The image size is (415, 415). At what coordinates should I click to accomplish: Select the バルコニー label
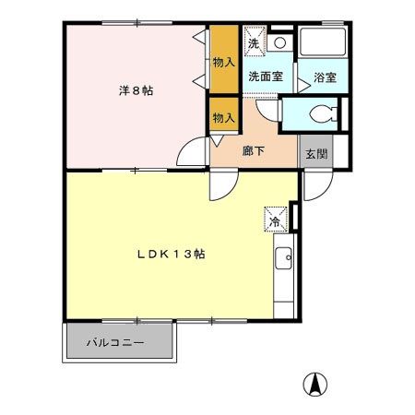pyautogui.click(x=115, y=342)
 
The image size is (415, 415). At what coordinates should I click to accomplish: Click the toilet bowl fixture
pyautogui.click(x=319, y=114)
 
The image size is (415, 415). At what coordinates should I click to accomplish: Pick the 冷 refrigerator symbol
pyautogui.click(x=274, y=219)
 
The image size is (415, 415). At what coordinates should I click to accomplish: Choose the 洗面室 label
pyautogui.click(x=264, y=77)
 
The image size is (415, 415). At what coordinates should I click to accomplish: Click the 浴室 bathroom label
pyautogui.click(x=324, y=78)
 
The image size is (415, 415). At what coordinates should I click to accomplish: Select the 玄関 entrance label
pyautogui.click(x=314, y=153)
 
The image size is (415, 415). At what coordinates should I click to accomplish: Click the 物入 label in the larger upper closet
pyautogui.click(x=224, y=63)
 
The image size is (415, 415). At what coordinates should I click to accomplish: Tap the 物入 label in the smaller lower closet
pyautogui.click(x=224, y=117)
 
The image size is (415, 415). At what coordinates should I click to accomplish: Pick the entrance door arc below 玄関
pyautogui.click(x=314, y=184)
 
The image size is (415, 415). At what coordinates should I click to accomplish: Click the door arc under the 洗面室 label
pyautogui.click(x=267, y=107)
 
